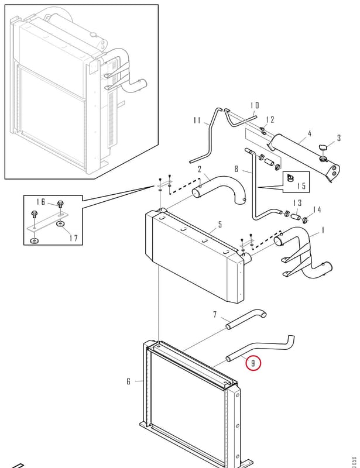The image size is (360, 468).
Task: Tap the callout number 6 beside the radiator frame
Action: [128, 381]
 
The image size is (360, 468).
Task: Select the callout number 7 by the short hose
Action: [215, 314]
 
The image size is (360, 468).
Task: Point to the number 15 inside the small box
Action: [301, 185]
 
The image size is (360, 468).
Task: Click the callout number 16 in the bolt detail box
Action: [41, 202]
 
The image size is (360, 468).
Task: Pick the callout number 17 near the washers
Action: [73, 238]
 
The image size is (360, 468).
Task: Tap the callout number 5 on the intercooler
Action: [220, 225]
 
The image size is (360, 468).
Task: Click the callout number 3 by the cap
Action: [339, 138]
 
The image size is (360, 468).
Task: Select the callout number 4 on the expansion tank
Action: [310, 133]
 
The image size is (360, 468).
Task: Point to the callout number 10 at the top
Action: [255, 105]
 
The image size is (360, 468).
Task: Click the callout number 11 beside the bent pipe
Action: [197, 120]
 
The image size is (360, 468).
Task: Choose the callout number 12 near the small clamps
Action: [270, 120]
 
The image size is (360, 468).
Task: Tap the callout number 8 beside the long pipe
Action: [236, 169]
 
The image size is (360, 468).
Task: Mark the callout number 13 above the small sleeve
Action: [297, 203]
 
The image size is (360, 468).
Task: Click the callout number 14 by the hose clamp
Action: [317, 210]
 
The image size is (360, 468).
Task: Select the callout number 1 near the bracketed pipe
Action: [323, 230]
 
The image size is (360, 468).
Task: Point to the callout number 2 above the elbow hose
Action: [200, 170]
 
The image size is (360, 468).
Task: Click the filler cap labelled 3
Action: [322, 147]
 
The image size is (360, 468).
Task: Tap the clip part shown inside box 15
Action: [290, 177]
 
